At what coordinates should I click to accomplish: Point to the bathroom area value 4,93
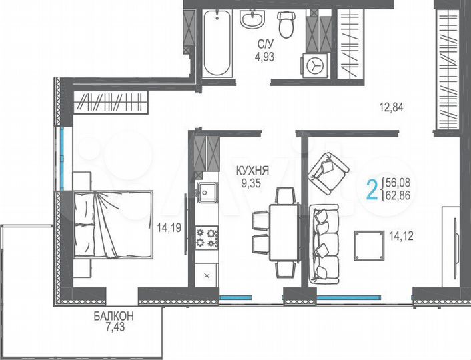(264, 56)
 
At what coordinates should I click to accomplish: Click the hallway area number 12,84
(391, 106)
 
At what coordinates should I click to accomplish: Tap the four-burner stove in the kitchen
(207, 235)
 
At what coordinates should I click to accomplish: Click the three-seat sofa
(326, 241)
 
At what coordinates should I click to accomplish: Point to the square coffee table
(369, 246)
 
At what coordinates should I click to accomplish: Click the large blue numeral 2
(372, 189)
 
